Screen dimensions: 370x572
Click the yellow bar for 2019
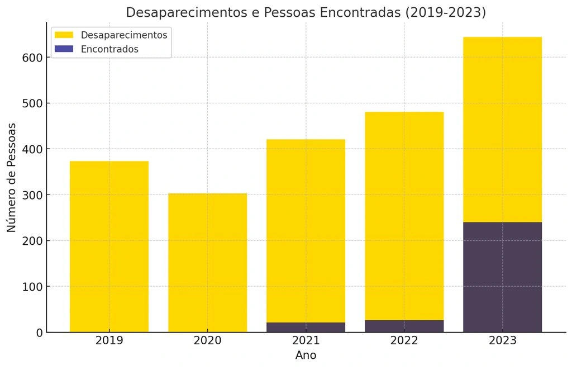point(109,246)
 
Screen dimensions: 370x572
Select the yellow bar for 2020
point(207,262)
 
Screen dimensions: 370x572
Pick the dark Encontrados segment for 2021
point(306,327)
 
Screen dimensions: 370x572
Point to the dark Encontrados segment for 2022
point(404,326)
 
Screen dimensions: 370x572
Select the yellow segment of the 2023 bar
point(502,129)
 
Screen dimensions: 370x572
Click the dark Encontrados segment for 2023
point(502,277)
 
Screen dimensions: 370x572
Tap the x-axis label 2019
point(109,341)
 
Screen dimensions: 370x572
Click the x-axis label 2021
point(306,341)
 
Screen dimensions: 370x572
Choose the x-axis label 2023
point(502,341)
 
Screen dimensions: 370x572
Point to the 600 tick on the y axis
point(32,58)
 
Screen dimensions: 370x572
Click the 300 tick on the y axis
point(32,195)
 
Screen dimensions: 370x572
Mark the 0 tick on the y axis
point(39,333)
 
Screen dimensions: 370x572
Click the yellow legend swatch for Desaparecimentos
point(64,35)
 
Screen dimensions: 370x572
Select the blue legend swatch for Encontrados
point(64,49)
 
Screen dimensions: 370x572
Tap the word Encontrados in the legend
point(109,49)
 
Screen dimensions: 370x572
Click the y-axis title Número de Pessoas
point(12,177)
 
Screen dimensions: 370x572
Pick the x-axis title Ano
point(306,355)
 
